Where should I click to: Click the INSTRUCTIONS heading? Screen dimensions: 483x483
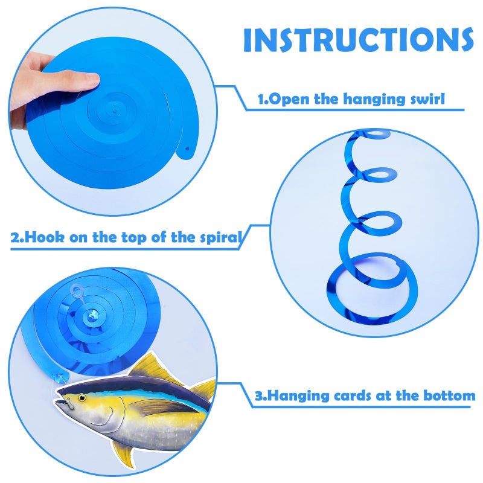[358, 40]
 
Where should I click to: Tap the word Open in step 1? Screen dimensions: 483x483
[289, 99]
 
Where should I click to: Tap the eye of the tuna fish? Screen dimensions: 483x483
[82, 398]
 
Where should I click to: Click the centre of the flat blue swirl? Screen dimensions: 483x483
[115, 110]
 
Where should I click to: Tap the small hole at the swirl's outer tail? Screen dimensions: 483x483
[187, 149]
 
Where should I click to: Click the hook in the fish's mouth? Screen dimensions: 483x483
[69, 402]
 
